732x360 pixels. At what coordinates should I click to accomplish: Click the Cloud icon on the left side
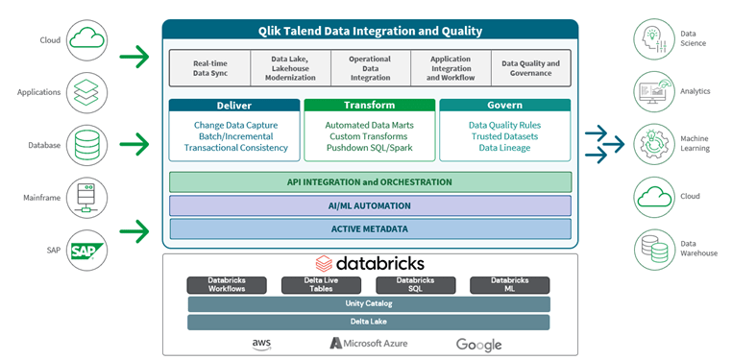tap(87, 40)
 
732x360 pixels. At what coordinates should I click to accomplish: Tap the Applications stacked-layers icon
tap(87, 93)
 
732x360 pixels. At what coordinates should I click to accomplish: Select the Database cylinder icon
tap(87, 146)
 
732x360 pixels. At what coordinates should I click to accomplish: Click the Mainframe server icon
tap(87, 199)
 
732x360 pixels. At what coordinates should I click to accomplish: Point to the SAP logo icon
tap(87, 251)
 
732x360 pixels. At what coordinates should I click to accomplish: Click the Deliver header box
tap(234, 105)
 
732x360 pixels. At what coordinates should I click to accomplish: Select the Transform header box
tap(369, 105)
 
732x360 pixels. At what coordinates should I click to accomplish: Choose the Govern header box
tap(505, 105)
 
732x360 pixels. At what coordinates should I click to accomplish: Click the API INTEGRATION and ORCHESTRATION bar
tap(370, 181)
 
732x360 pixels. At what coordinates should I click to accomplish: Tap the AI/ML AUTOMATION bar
tap(370, 205)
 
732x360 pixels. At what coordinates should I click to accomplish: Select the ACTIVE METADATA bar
tap(370, 228)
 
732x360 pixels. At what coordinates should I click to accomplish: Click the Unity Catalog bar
tap(370, 303)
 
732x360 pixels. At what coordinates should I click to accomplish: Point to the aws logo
tap(262, 344)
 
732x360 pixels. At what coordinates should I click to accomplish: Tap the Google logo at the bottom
tap(478, 344)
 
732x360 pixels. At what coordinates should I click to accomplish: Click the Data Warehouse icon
tap(653, 249)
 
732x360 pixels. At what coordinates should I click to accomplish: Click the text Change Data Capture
tap(235, 126)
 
